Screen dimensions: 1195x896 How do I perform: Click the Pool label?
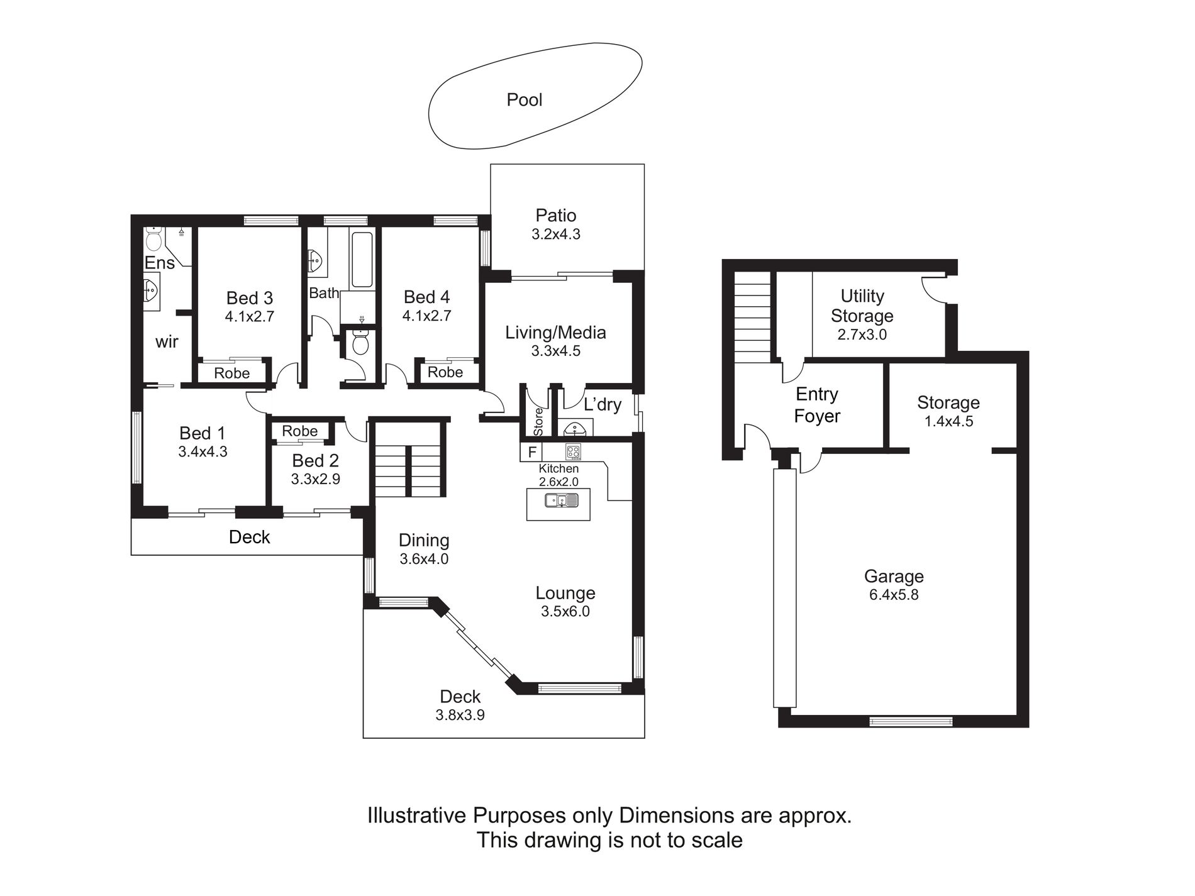click(x=525, y=100)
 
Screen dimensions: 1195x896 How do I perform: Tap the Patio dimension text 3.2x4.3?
click(x=556, y=235)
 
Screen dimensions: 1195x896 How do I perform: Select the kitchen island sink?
click(x=561, y=501)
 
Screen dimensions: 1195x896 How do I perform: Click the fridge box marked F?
click(x=531, y=452)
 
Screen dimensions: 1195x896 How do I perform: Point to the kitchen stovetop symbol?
click(x=573, y=451)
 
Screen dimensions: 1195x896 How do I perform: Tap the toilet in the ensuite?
click(x=153, y=239)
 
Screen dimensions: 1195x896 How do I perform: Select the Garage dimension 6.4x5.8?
click(x=894, y=595)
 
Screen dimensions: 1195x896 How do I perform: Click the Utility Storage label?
click(x=862, y=306)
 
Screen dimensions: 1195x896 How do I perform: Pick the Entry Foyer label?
click(x=817, y=405)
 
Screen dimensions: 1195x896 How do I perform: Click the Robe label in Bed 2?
click(x=300, y=431)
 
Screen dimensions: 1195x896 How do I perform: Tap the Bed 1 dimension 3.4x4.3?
click(x=203, y=451)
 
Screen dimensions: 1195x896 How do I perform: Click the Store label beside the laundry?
click(x=538, y=422)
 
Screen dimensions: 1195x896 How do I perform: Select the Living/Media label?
click(x=556, y=333)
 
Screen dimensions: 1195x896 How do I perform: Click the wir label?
click(x=167, y=342)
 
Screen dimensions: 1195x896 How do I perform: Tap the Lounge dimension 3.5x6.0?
click(x=565, y=611)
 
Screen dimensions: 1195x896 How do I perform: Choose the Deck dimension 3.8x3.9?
click(x=460, y=715)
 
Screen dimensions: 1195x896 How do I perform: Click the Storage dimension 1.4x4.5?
click(x=948, y=421)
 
